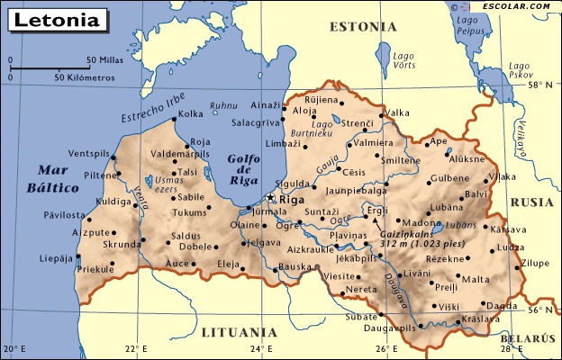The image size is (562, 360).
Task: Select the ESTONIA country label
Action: click(362, 26)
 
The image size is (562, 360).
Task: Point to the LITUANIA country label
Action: click(238, 331)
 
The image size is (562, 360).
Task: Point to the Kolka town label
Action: click(191, 114)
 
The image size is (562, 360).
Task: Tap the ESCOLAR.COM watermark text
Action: click(516, 6)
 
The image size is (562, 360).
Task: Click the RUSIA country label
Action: click(531, 202)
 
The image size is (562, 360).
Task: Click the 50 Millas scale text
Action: click(104, 60)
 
